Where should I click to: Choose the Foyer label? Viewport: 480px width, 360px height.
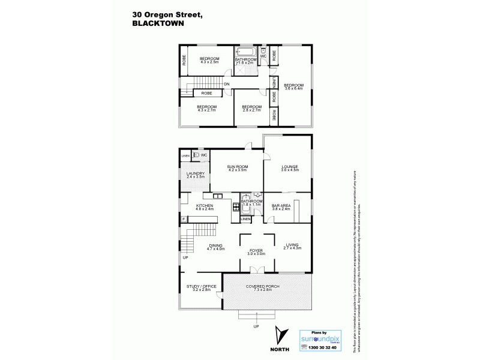click(257, 252)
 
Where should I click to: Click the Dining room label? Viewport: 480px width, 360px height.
click(215, 247)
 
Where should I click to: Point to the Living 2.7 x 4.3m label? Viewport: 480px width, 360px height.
click(292, 247)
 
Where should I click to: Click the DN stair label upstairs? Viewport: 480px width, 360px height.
click(227, 84)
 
